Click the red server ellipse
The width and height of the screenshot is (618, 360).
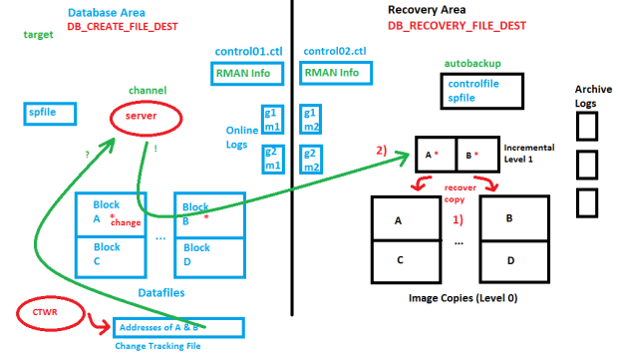pos(146,118)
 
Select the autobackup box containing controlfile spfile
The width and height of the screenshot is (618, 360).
pos(474,92)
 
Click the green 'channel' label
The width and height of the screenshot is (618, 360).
pos(147,90)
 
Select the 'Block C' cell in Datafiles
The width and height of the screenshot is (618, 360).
pos(111,254)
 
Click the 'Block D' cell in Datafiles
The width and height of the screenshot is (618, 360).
pos(208,254)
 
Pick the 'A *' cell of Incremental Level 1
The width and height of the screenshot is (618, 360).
pos(436,154)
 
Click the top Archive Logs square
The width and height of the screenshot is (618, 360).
pos(588,126)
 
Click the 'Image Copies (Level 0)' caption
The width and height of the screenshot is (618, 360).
pos(463,297)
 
